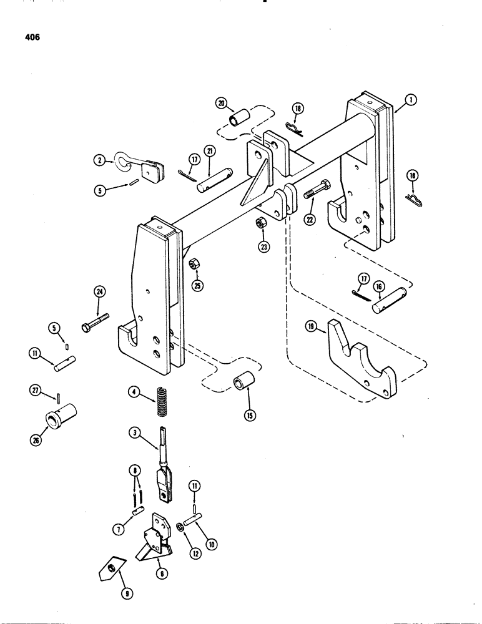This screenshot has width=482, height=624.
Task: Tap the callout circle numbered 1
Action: pyautogui.click(x=410, y=99)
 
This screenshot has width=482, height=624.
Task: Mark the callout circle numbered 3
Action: pyautogui.click(x=134, y=432)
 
